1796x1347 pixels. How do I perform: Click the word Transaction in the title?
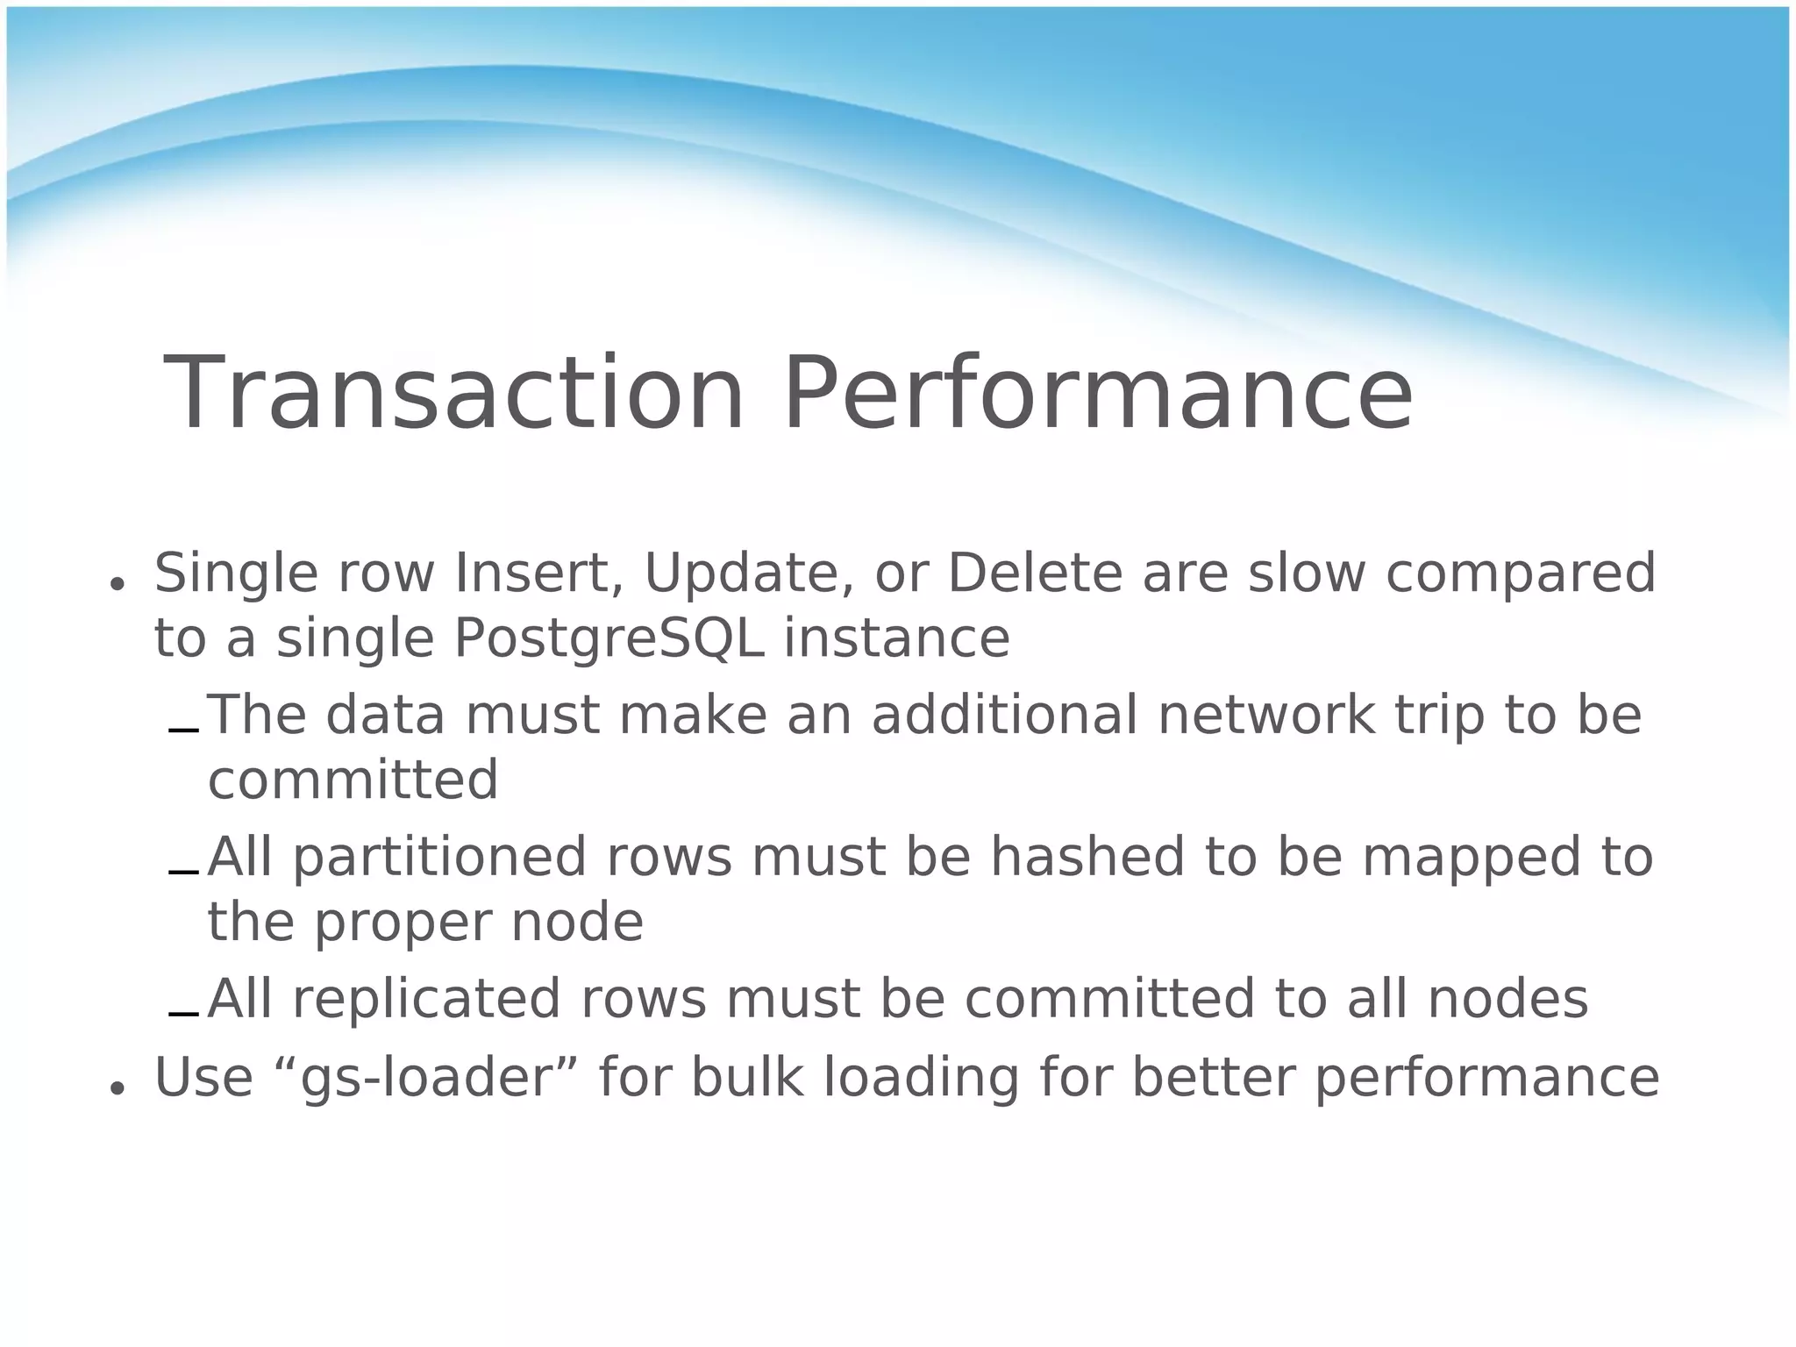pyautogui.click(x=453, y=395)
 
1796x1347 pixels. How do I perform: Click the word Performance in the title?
pyautogui.click(x=1097, y=395)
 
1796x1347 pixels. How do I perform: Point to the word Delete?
pyautogui.click(x=1035, y=574)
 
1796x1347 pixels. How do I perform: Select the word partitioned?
pyautogui.click(x=439, y=859)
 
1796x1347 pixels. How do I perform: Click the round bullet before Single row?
pyautogui.click(x=115, y=583)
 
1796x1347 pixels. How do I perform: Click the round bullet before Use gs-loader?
pyautogui.click(x=115, y=1087)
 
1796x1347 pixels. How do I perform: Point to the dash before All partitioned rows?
pyautogui.click(x=183, y=873)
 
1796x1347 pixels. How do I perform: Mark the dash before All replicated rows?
pyautogui.click(x=183, y=1015)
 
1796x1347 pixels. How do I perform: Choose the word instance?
pyautogui.click(x=896, y=638)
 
